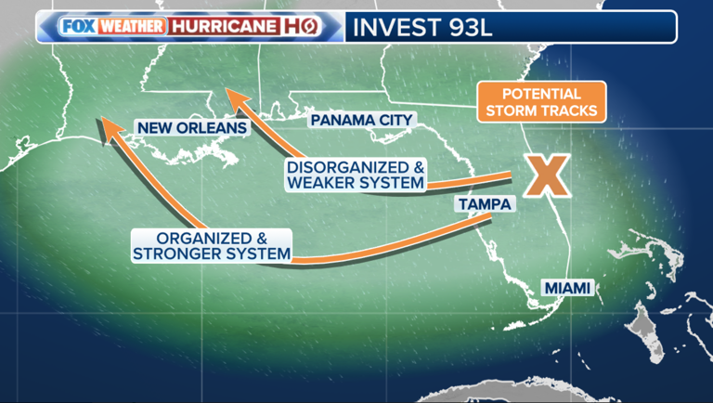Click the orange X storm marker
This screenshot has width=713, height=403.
[546, 175]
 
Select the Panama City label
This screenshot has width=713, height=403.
[361, 120]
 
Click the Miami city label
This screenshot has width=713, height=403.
[566, 289]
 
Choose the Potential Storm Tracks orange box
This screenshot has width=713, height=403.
[541, 103]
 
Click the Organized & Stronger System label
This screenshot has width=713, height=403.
[212, 245]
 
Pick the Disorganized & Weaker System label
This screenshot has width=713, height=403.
[356, 175]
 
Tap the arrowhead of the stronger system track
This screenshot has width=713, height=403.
[108, 126]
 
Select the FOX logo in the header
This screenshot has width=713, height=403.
[77, 27]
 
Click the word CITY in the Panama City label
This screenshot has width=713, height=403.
[393, 120]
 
